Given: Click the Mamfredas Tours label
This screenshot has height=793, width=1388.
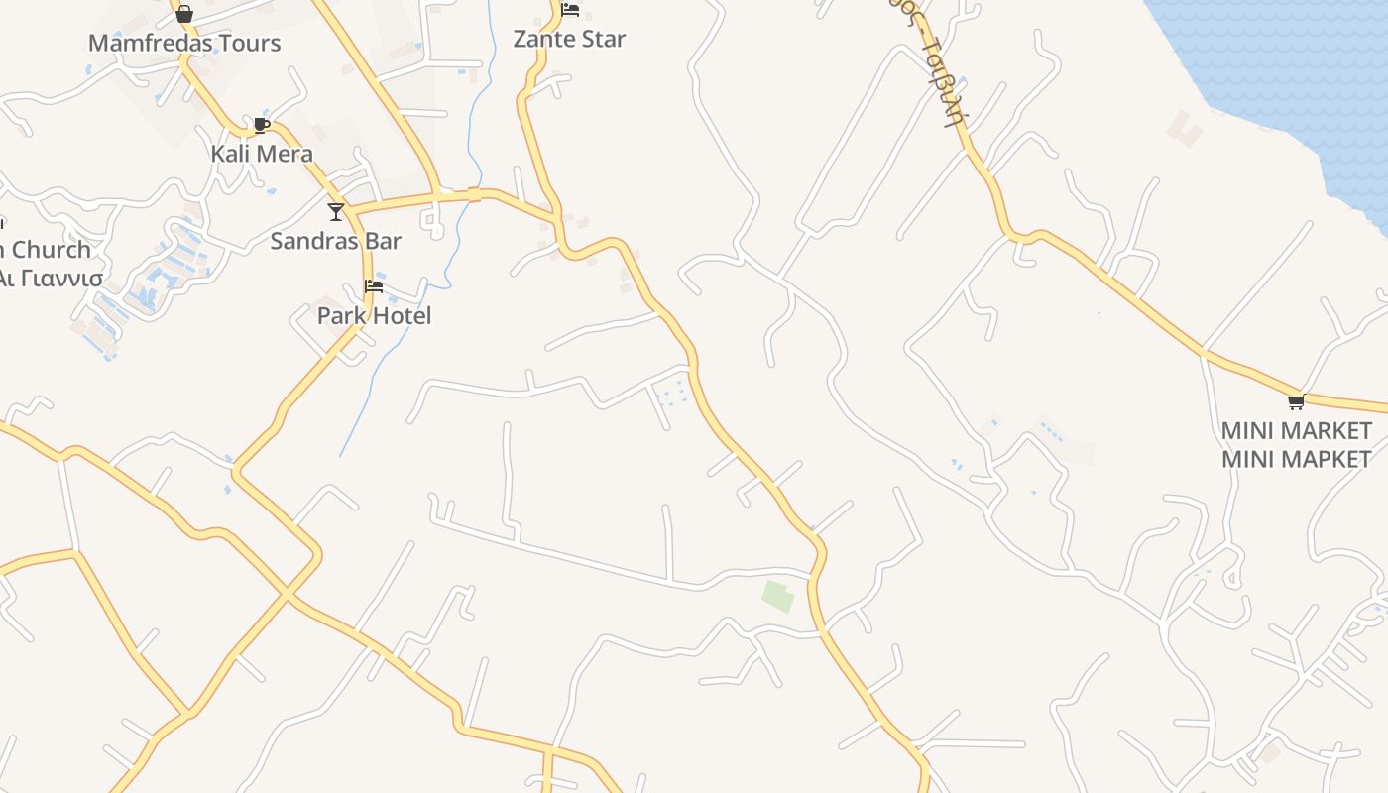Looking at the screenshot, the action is click(184, 43).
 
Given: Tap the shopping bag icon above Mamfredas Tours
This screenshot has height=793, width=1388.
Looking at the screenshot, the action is click(183, 13).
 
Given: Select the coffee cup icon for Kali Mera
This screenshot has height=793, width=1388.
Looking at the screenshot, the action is click(261, 125).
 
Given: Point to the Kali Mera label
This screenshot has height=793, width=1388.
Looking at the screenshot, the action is click(262, 154).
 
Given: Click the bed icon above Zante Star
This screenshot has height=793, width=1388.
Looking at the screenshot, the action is click(570, 10).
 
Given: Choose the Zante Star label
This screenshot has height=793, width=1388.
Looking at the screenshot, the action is click(569, 39).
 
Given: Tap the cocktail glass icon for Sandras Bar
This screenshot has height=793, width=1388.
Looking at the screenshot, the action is click(336, 211).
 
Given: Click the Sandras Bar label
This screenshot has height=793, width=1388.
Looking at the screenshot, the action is click(336, 241).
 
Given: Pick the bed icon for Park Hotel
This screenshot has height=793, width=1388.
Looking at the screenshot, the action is click(374, 286).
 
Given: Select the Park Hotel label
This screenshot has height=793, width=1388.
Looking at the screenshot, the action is click(375, 316).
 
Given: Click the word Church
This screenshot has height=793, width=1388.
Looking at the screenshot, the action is click(52, 250).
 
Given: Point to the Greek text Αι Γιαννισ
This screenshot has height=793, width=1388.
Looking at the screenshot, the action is click(50, 278).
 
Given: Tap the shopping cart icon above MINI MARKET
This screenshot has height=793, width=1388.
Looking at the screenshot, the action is click(1296, 401).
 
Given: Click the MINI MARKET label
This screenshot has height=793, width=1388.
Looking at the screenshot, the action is click(1297, 431).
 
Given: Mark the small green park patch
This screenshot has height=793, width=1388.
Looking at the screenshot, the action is click(778, 596).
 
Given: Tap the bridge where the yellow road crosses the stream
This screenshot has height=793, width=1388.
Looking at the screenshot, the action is click(474, 195).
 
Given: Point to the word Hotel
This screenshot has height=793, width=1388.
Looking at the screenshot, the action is click(403, 316).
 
